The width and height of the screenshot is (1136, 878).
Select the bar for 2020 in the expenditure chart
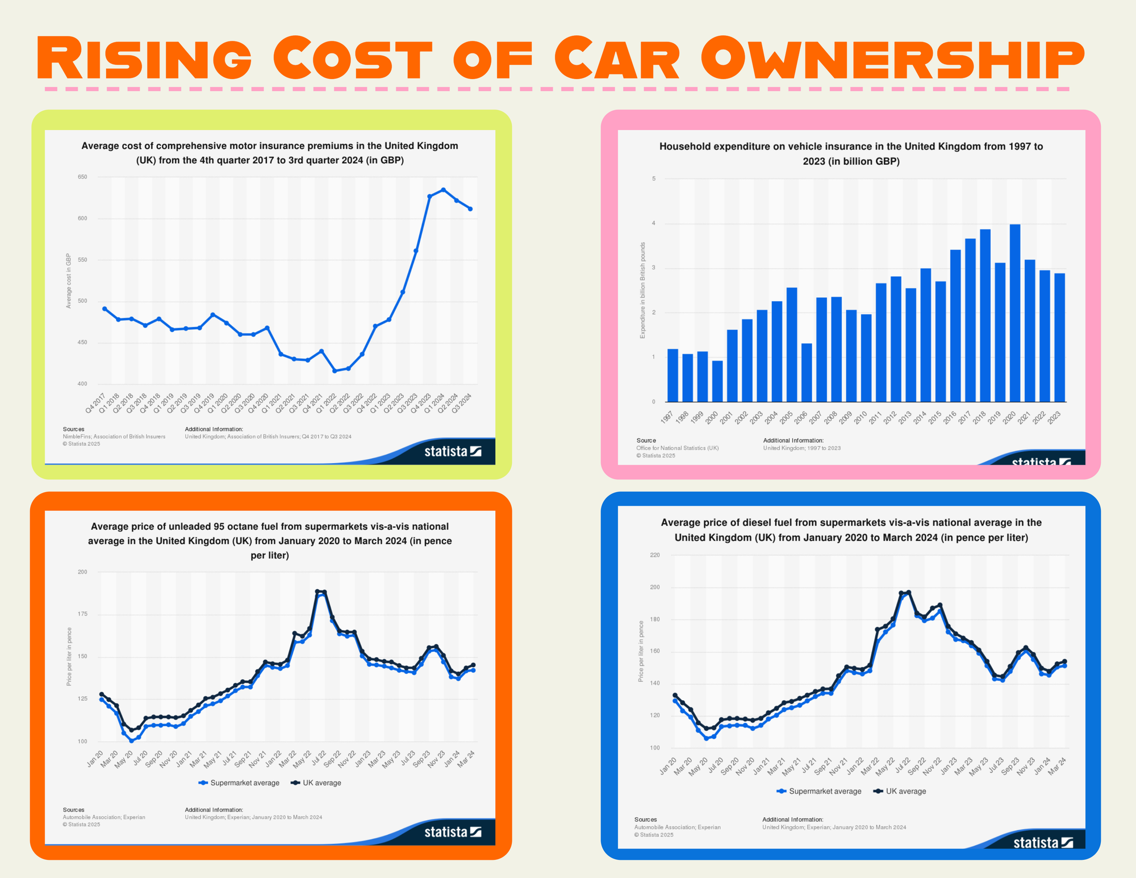point(1015,313)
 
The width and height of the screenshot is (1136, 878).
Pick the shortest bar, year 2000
point(717,381)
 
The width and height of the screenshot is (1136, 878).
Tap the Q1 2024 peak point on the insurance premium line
point(443,190)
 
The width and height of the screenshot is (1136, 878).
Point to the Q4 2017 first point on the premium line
point(105,309)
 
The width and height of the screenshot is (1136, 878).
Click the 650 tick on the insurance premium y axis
point(83,177)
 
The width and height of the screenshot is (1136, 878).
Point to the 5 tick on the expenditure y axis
point(654,179)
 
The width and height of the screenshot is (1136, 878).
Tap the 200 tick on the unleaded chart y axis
point(82,572)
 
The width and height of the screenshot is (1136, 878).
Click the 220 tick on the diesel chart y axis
point(654,555)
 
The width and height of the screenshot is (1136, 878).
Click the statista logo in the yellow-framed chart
point(453,452)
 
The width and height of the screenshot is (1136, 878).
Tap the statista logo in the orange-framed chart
point(453,832)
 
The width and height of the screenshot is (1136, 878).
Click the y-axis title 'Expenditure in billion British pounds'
point(643,290)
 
